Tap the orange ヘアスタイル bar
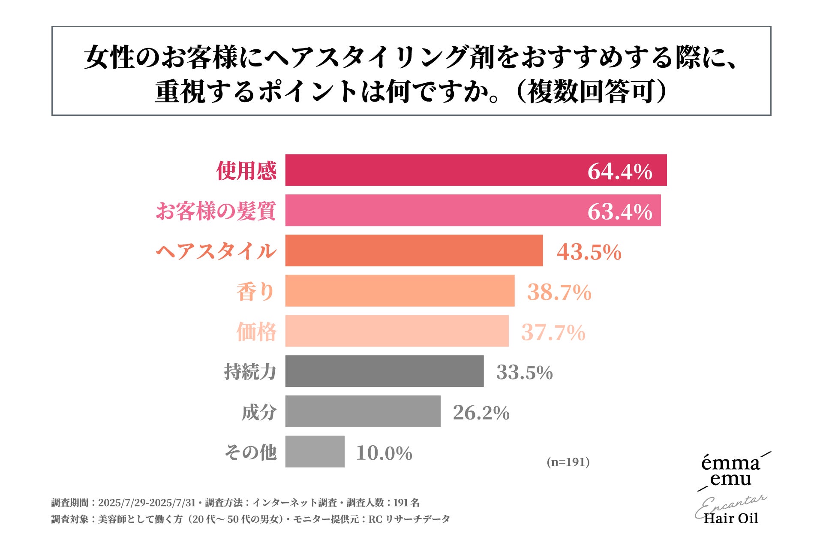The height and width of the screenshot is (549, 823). pos(414,250)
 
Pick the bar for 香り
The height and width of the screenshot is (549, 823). pos(399,291)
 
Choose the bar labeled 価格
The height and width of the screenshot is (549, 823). pos(396,331)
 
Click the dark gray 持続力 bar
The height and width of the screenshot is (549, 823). pos(384,371)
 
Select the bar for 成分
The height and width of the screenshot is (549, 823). pos(363,411)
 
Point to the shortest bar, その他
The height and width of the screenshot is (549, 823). pos(315,452)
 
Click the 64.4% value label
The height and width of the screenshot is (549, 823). pos(619,171)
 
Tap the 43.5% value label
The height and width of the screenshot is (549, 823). pos(589,252)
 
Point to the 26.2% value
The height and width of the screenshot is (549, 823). pos(481,413)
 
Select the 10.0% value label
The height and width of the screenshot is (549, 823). pos(384,453)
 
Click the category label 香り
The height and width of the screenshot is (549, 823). pos(255,292)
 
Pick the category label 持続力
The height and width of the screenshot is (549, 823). pos(250,372)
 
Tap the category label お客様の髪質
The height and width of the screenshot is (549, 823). pos(216,211)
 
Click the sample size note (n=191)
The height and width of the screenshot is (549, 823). pos(568,462)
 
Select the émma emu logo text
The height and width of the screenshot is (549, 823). pos(730,471)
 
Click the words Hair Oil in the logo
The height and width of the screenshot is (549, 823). pos(731,518)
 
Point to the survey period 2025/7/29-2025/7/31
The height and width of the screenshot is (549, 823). pos(147,503)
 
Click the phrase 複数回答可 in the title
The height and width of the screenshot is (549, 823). pos(592,92)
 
